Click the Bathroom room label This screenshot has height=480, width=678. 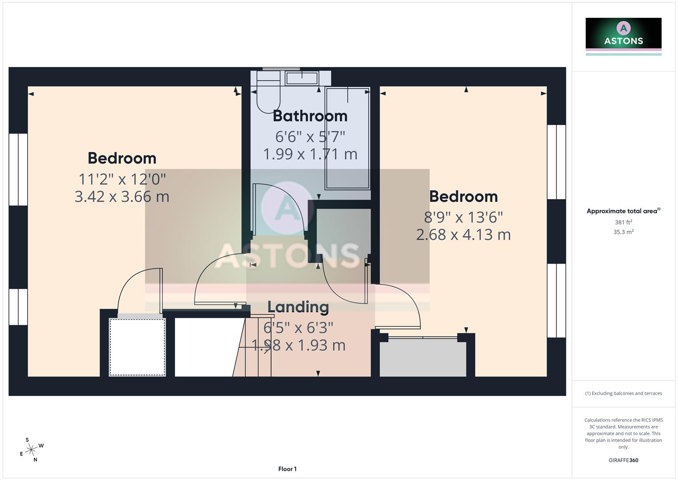click(310, 116)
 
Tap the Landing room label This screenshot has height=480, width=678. click(298, 307)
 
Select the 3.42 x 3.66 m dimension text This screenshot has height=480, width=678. click(122, 196)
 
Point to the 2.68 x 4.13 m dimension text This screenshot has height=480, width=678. click(463, 235)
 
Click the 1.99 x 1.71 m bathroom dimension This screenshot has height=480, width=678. click(310, 154)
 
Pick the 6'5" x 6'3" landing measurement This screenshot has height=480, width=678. click(298, 328)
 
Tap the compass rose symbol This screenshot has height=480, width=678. click(31, 450)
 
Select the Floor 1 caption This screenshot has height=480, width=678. click(287, 469)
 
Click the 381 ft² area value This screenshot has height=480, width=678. click(623, 222)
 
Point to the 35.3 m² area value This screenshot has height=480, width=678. click(623, 232)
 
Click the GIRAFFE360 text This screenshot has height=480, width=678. click(623, 460)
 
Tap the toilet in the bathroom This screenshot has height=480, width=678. click(268, 96)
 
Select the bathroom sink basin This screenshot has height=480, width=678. click(302, 78)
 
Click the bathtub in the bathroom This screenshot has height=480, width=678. click(348, 138)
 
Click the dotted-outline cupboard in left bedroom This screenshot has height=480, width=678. click(137, 347)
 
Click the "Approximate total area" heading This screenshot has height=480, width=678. click(623, 211)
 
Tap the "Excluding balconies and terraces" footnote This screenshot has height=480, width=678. click(623, 393)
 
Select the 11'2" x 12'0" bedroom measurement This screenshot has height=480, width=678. click(122, 179)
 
